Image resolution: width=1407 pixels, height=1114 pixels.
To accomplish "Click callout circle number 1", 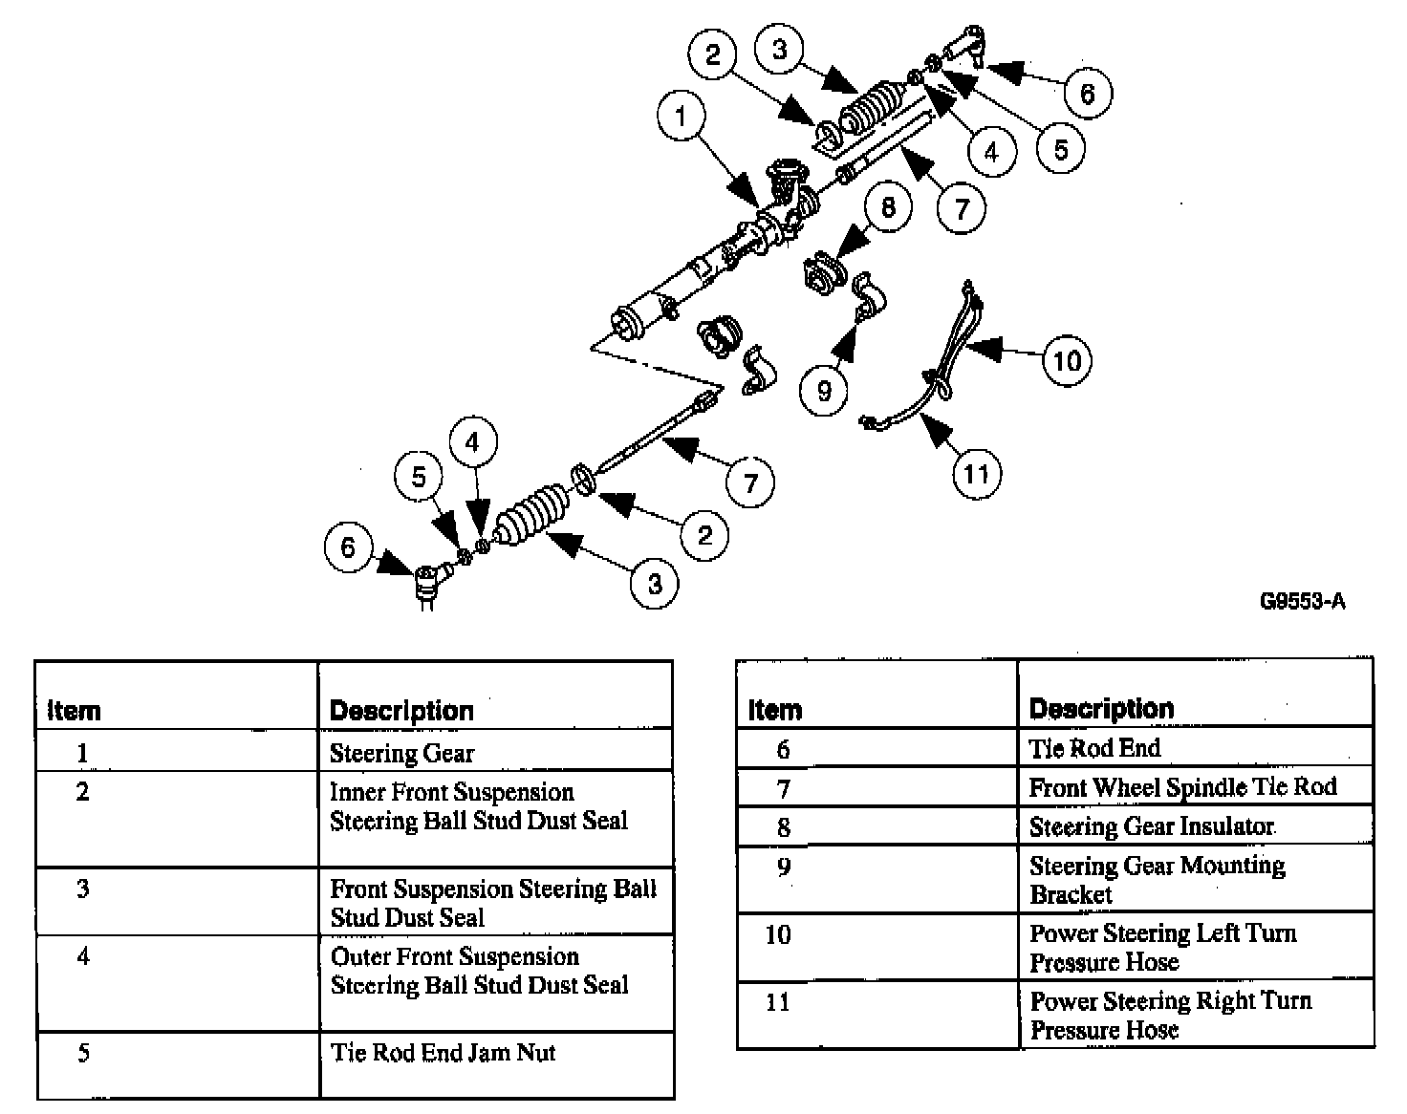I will (681, 118).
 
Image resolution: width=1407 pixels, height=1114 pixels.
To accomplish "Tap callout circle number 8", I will (888, 206).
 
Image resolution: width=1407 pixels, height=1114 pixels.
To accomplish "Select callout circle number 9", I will (824, 390).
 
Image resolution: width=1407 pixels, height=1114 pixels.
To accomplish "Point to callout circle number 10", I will (1067, 360).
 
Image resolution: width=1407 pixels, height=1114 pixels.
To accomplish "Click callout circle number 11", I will (976, 473).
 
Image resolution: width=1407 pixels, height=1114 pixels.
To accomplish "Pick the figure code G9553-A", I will (1302, 601).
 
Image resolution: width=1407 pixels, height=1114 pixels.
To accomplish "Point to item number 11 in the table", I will (778, 1002).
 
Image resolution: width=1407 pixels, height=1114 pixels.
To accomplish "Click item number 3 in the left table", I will (83, 889).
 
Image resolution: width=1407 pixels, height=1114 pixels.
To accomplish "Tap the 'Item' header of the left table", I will (74, 711).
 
